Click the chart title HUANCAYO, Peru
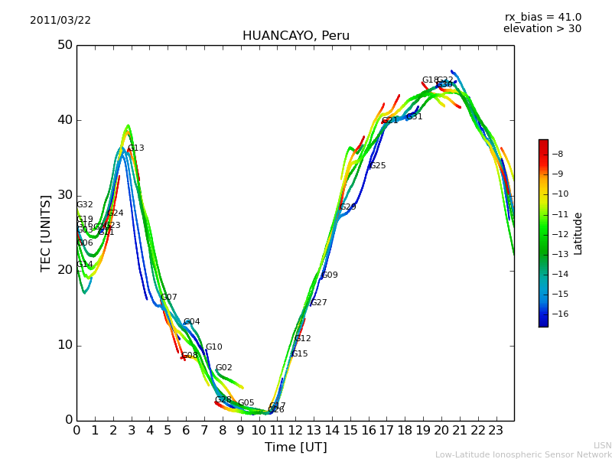point(296,36)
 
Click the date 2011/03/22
point(60,21)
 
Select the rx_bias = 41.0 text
point(542,18)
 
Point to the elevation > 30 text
point(542,29)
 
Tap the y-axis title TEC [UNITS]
point(46,233)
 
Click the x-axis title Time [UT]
point(295,448)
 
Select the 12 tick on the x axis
point(295,431)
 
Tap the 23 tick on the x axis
point(496,431)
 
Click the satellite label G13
point(135,148)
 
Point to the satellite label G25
point(378,166)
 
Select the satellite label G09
point(330,275)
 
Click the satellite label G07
point(169,298)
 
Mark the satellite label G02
point(223,368)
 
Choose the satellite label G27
point(319,303)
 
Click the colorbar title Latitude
point(578,233)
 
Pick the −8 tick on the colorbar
point(559,154)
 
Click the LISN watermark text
point(602,445)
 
